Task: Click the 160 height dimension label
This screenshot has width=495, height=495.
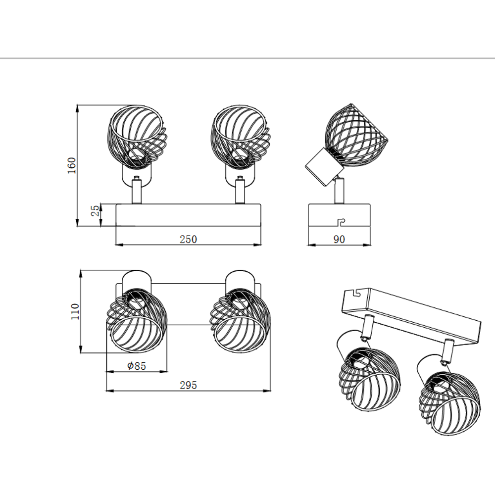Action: coord(72,165)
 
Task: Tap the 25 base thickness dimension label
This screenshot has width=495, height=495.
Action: coord(95,210)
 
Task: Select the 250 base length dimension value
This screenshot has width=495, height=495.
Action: coord(188,239)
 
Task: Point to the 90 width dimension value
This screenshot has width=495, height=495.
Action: coord(339,239)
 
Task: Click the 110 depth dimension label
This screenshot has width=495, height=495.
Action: coord(75,311)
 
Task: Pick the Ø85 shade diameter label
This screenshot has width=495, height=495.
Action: coord(137,366)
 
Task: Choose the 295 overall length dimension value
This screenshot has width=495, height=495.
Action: coord(188,385)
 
